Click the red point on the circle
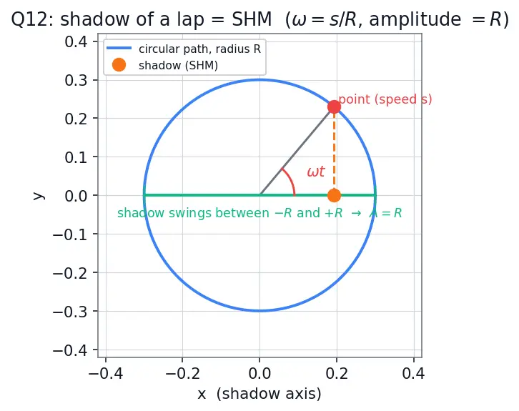(x=334, y=107)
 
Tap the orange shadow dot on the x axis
(x=334, y=195)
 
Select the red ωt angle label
(x=316, y=172)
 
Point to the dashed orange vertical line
(x=334, y=151)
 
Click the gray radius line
(x=297, y=151)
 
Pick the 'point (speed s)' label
(x=385, y=99)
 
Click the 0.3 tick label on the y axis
(x=76, y=80)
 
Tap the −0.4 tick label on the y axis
(x=70, y=350)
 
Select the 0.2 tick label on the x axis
(x=337, y=373)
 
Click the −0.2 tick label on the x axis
(x=182, y=373)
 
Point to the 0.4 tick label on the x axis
(x=413, y=373)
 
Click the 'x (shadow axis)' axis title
(x=259, y=394)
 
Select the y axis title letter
(x=39, y=195)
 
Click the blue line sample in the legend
(x=119, y=49)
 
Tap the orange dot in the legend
(x=119, y=65)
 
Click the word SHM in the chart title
(x=252, y=19)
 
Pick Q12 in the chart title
(x=31, y=20)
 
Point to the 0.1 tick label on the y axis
(x=76, y=157)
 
